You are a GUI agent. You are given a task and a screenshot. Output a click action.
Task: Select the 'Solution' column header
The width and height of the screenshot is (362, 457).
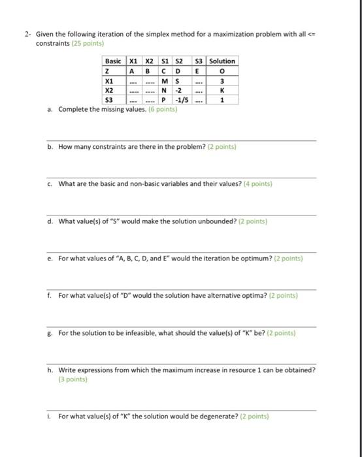point(222,61)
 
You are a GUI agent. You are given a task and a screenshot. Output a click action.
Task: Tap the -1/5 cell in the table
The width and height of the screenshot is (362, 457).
point(180,100)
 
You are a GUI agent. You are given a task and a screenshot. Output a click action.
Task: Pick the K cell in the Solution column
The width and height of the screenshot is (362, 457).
point(222,90)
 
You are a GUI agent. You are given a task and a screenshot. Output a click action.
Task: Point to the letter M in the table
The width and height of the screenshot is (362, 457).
point(165,80)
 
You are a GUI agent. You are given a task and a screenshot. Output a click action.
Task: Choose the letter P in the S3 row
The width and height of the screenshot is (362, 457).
point(165,100)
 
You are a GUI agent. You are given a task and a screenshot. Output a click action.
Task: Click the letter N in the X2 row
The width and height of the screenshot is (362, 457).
point(165,90)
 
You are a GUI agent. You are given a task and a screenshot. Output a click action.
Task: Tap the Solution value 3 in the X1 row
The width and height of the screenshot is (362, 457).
point(222,80)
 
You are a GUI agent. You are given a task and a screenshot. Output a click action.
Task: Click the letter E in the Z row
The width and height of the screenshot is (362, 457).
point(197,71)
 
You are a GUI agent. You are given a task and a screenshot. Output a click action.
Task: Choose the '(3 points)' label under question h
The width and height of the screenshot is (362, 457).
point(72,379)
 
